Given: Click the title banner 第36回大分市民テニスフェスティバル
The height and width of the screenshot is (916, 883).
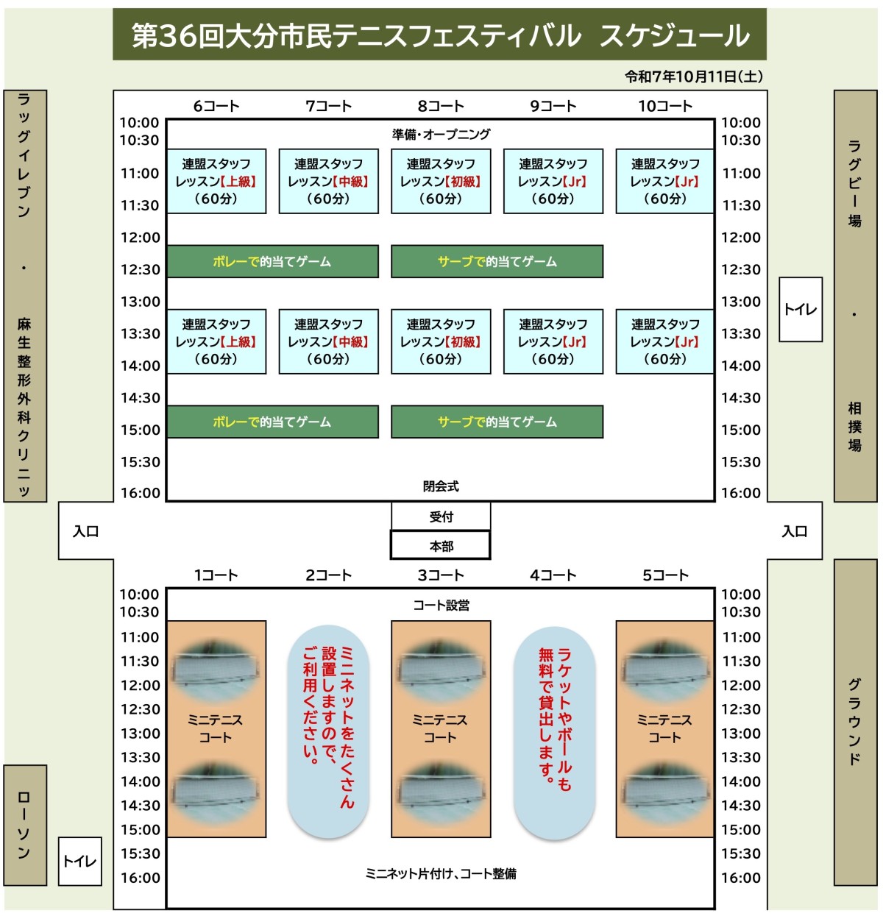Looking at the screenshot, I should (x=439, y=35).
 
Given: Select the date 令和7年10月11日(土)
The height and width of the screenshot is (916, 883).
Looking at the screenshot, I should (x=693, y=77).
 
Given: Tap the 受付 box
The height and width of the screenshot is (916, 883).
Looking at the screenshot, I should (x=441, y=516).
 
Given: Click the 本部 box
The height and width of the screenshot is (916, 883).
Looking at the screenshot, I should (x=441, y=546).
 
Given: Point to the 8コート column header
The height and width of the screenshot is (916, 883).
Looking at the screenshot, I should (x=441, y=106).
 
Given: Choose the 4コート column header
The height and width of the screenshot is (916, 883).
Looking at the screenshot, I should (x=553, y=575).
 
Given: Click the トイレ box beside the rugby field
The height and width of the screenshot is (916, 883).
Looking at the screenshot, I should (x=800, y=309).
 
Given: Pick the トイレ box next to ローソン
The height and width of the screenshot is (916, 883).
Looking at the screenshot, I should (x=79, y=861).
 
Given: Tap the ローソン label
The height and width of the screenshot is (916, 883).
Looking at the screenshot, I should (x=24, y=825).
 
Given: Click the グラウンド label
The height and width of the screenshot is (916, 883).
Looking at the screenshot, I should (x=855, y=721).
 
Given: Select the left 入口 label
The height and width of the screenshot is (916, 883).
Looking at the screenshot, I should (x=85, y=531).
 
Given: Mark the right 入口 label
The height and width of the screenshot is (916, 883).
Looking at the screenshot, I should (x=794, y=531).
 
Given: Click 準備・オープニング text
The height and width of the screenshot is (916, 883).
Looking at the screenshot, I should (x=441, y=135).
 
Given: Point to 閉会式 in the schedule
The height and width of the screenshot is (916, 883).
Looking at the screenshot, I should (x=441, y=486).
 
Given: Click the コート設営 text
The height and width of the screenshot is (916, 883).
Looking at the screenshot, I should (x=441, y=606).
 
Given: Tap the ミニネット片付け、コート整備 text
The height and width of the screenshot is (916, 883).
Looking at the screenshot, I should (x=441, y=874).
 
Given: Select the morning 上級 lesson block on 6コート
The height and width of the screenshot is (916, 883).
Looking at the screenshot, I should (x=216, y=182).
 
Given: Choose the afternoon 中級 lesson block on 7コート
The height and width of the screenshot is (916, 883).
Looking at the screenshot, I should (x=328, y=342).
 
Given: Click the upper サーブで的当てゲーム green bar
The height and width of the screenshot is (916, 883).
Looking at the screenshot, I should (x=497, y=261).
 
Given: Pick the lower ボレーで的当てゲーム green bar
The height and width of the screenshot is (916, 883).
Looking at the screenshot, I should (x=272, y=422).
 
